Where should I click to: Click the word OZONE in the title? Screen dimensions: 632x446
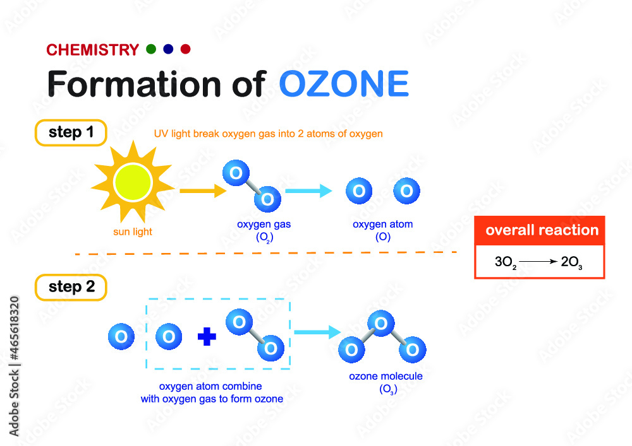[x=344, y=84]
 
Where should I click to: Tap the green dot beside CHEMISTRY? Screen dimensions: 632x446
[x=151, y=49]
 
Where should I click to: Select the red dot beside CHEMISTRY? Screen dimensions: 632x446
[x=185, y=49]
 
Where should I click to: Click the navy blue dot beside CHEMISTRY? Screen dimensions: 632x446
[x=168, y=49]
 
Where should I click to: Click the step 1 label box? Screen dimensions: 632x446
[x=71, y=132]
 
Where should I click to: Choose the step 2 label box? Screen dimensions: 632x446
[x=71, y=288]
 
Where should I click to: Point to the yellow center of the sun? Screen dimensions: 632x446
[x=133, y=182]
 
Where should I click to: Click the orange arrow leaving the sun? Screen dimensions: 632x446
[x=203, y=191]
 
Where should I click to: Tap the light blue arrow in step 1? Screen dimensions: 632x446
[x=308, y=191]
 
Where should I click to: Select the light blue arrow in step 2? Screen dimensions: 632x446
[x=318, y=332]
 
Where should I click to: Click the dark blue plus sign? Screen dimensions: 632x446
[x=207, y=337]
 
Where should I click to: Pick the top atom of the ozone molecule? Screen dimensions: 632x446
[x=381, y=324]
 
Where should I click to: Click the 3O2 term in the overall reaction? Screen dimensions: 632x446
[x=506, y=262]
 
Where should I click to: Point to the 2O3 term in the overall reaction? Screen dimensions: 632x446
[x=571, y=262]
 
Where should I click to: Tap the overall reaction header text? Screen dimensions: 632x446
[x=542, y=230]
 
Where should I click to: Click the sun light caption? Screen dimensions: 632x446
[x=133, y=232]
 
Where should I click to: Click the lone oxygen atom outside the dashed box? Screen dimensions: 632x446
[x=121, y=337]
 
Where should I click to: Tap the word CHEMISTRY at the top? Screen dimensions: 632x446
[x=93, y=50]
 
